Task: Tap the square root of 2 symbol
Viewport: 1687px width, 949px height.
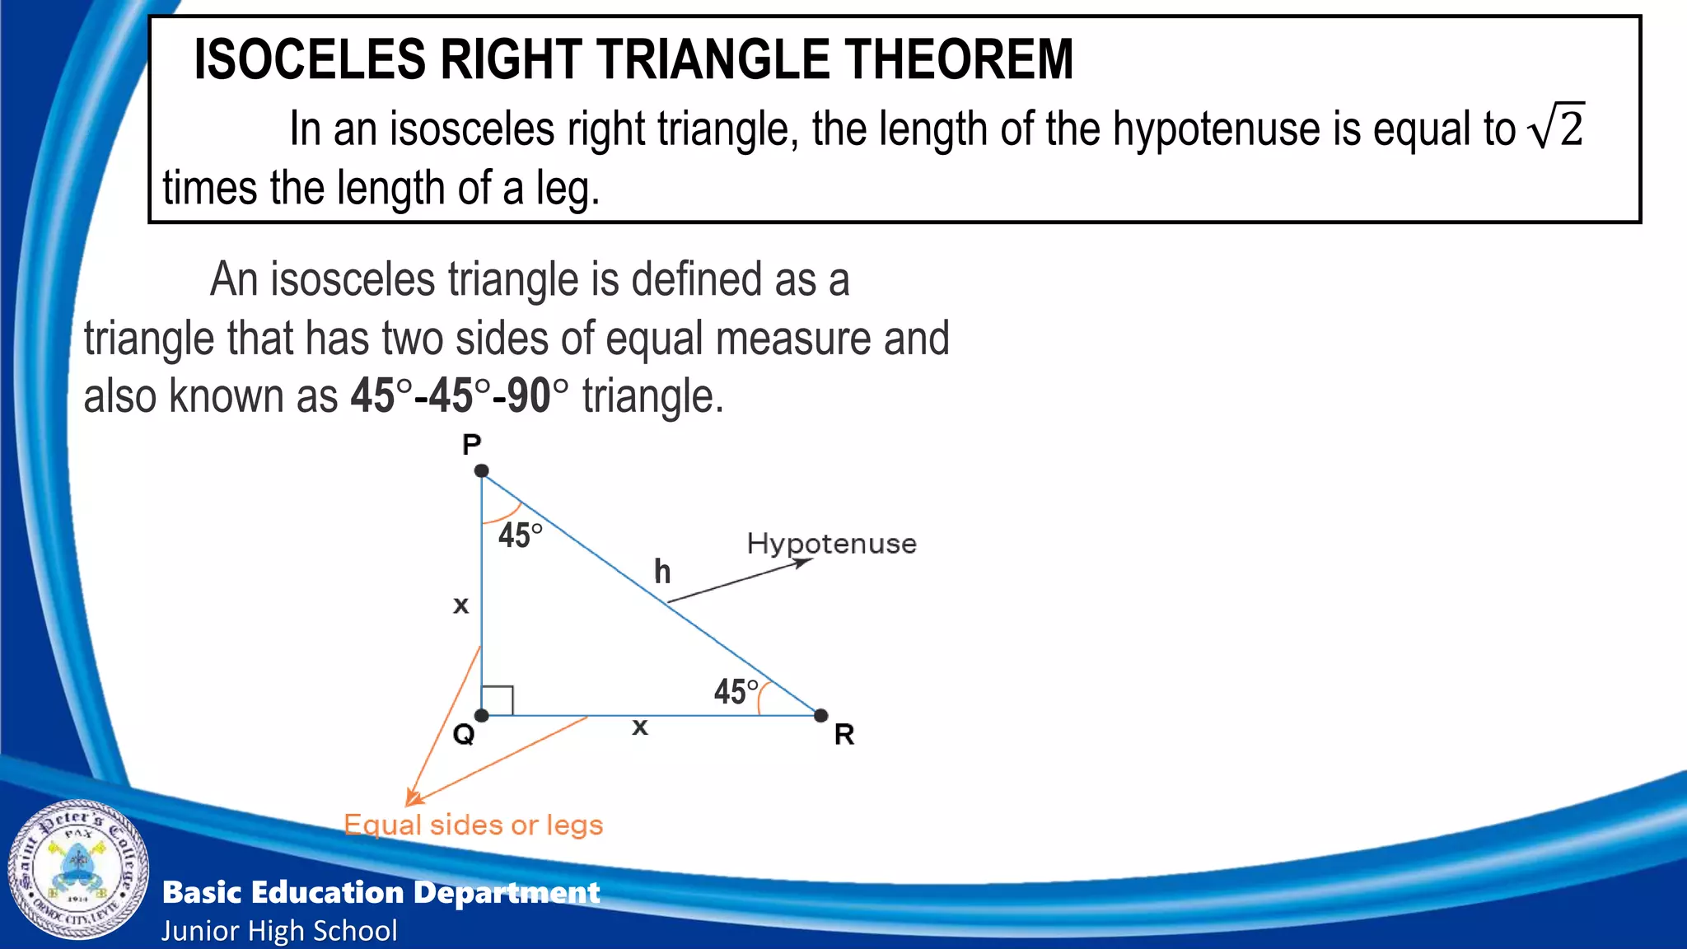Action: [1557, 127]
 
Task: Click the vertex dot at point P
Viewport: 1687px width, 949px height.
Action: [482, 471]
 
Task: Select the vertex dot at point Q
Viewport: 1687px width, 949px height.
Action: [482, 715]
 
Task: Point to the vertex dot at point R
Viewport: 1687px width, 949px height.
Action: [820, 715]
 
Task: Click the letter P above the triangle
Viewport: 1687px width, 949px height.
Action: [471, 445]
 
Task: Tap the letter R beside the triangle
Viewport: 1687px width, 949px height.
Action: [844, 734]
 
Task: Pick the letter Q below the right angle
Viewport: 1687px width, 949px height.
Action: [464, 733]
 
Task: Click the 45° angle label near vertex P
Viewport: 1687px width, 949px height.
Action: [520, 535]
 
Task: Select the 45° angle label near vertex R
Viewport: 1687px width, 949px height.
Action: [736, 691]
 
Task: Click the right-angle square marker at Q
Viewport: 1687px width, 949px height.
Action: [498, 700]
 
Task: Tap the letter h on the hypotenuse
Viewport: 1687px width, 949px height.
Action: [662, 572]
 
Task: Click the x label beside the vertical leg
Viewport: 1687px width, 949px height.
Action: [461, 605]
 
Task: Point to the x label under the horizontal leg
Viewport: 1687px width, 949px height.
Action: [640, 727]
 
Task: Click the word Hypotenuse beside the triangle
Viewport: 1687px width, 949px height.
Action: [831, 544]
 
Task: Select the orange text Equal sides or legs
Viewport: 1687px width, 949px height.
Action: [474, 825]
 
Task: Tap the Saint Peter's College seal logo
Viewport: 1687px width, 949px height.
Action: [78, 870]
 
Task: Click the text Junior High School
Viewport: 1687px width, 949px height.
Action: [279, 931]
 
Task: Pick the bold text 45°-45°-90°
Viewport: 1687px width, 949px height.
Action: [459, 395]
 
